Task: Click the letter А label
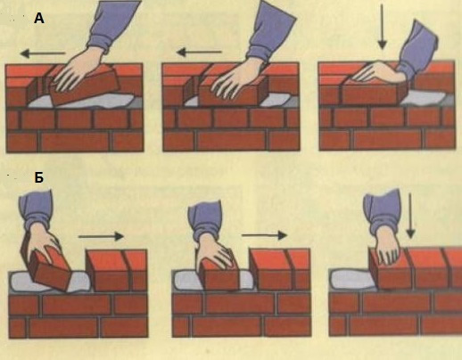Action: pyautogui.click(x=39, y=19)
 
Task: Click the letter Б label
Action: pyautogui.click(x=39, y=177)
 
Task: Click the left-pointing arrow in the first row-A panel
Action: pyautogui.click(x=43, y=53)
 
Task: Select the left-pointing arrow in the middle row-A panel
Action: pyautogui.click(x=199, y=53)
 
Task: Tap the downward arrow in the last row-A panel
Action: pyautogui.click(x=382, y=27)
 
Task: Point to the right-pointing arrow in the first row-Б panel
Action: pyautogui.click(x=101, y=236)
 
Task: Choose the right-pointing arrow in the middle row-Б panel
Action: pyautogui.click(x=264, y=235)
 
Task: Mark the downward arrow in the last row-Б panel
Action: pyautogui.click(x=410, y=216)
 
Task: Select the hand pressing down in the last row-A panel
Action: pyautogui.click(x=377, y=72)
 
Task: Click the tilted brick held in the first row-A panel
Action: pyautogui.click(x=85, y=86)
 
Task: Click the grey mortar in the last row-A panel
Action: pyautogui.click(x=424, y=97)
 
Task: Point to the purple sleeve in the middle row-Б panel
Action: pyautogui.click(x=206, y=221)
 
